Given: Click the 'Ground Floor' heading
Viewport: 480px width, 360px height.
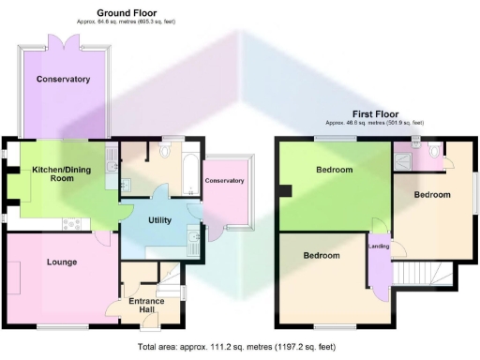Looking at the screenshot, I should [x=126, y=13].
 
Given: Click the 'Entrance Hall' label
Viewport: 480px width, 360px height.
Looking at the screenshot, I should [x=146, y=306].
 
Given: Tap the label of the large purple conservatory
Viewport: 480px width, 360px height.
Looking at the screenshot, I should [x=63, y=80].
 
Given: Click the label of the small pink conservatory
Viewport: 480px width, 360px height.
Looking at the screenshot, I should [x=225, y=180].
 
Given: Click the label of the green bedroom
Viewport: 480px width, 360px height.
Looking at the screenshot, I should [x=334, y=170].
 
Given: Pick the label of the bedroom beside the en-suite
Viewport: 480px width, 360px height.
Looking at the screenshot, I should [x=432, y=195].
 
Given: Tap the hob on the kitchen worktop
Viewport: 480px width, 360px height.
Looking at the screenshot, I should [x=71, y=222].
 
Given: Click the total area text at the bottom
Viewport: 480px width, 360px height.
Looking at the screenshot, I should [x=236, y=347].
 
